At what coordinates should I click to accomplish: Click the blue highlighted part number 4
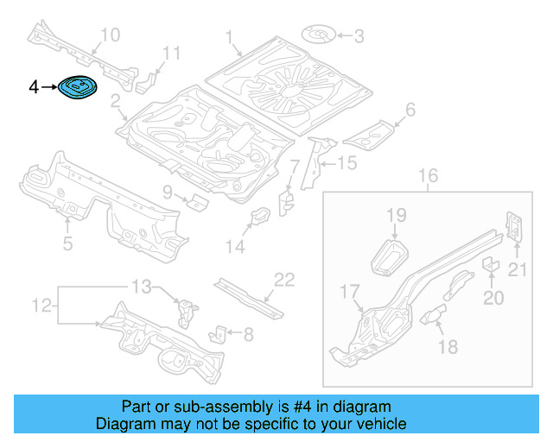pyautogui.click(x=78, y=87)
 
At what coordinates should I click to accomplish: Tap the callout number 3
pyautogui.click(x=359, y=35)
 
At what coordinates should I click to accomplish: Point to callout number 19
pyautogui.click(x=396, y=215)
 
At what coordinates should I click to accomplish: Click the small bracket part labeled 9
pyautogui.click(x=198, y=203)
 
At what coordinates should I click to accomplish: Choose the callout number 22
pyautogui.click(x=284, y=279)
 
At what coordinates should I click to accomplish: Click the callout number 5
pyautogui.click(x=67, y=244)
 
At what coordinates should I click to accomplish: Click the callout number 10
pyautogui.click(x=110, y=35)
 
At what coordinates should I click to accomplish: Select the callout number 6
pyautogui.click(x=410, y=110)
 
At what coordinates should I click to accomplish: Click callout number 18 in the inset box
pyautogui.click(x=448, y=346)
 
